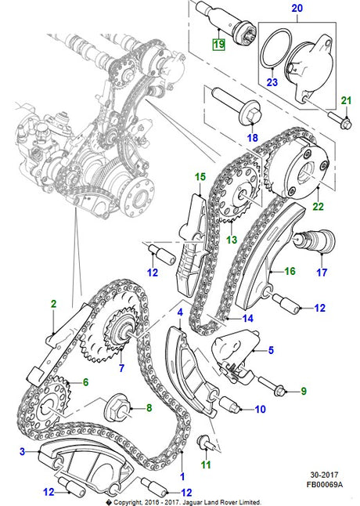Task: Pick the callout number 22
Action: (317, 207)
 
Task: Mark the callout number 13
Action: (229, 240)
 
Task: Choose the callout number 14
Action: (248, 319)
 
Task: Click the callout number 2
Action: (53, 302)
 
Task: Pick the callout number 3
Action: (23, 450)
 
